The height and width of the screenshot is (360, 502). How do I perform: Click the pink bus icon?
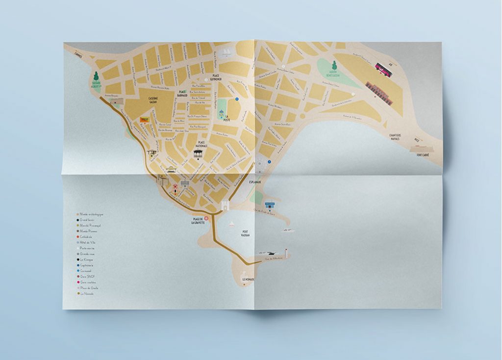384,70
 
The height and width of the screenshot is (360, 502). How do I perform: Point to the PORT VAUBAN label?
245,233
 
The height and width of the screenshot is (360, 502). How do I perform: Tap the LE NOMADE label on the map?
249,280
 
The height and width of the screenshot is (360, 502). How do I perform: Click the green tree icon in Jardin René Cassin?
335,65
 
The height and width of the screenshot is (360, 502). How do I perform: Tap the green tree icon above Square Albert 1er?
96,77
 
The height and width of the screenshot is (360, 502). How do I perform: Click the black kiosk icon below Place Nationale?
197,154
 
